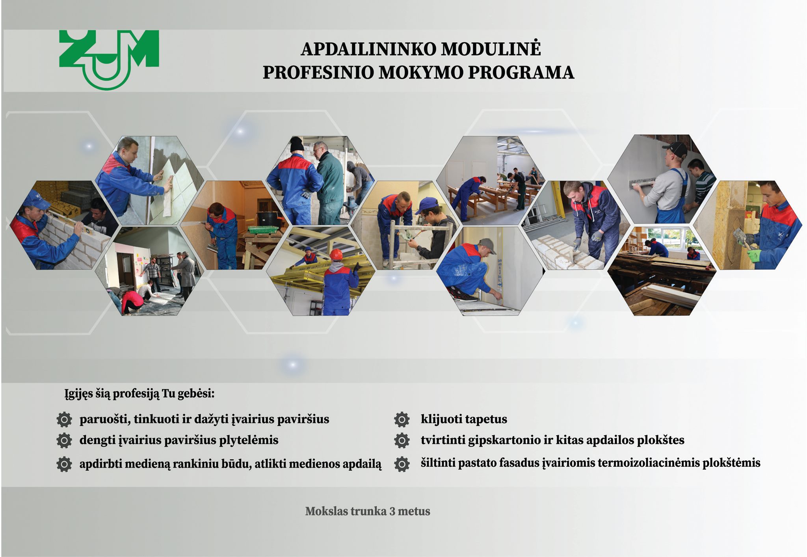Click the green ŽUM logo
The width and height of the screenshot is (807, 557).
coord(109,59)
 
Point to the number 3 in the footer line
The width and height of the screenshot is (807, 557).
coord(392,511)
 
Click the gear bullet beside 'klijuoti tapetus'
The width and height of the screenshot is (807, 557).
coord(402,419)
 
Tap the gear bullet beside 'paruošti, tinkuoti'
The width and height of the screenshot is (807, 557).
coord(64,419)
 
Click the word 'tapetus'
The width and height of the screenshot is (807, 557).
coord(487,419)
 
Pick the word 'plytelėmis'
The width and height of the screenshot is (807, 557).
coord(249,441)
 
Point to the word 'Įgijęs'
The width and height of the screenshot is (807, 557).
coord(79,394)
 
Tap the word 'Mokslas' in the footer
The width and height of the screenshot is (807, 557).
coord(326,511)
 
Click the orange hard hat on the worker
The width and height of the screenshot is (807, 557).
coord(336,254)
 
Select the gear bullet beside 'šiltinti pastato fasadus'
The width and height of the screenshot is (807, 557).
coord(402,464)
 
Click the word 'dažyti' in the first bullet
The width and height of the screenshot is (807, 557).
coord(210,419)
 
